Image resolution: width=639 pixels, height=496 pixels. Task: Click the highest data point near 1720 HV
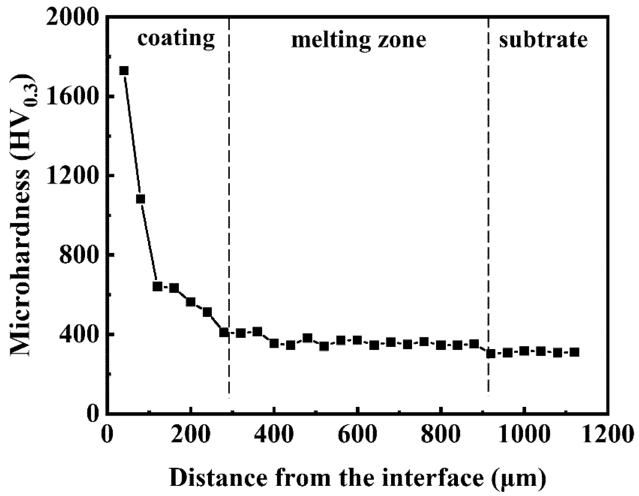coord(124,71)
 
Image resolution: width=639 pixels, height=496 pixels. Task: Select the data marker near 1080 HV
coord(140,199)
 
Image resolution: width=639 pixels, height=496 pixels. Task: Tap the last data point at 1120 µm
coord(574,352)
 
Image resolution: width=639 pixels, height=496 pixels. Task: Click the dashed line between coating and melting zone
coord(229,205)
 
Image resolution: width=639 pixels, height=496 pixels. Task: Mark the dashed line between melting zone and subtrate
coord(488,205)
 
